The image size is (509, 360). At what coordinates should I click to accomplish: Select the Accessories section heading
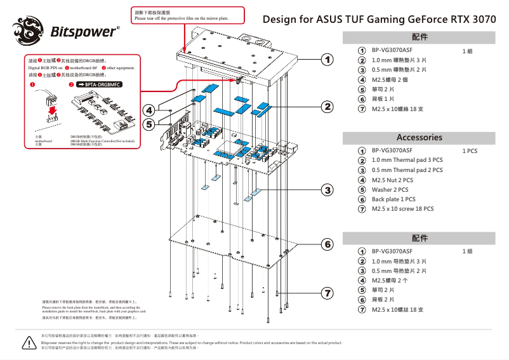[419, 137]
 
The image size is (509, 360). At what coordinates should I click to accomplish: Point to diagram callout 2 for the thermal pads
[327, 106]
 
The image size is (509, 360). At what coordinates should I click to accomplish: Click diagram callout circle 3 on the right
[327, 190]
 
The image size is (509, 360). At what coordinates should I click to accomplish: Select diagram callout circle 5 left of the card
[149, 124]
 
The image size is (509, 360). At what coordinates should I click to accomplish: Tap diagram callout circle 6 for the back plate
[327, 244]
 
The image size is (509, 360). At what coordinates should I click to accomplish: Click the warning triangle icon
[29, 343]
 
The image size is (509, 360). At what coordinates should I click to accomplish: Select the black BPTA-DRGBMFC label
[98, 84]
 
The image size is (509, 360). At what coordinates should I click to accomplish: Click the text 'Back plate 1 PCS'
[393, 199]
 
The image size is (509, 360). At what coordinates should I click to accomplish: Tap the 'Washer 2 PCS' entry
[390, 190]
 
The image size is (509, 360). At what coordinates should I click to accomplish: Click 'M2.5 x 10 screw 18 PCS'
[402, 209]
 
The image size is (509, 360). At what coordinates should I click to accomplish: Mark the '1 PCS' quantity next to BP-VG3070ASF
[470, 151]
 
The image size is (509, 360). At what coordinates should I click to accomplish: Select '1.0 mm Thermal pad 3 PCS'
[407, 161]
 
